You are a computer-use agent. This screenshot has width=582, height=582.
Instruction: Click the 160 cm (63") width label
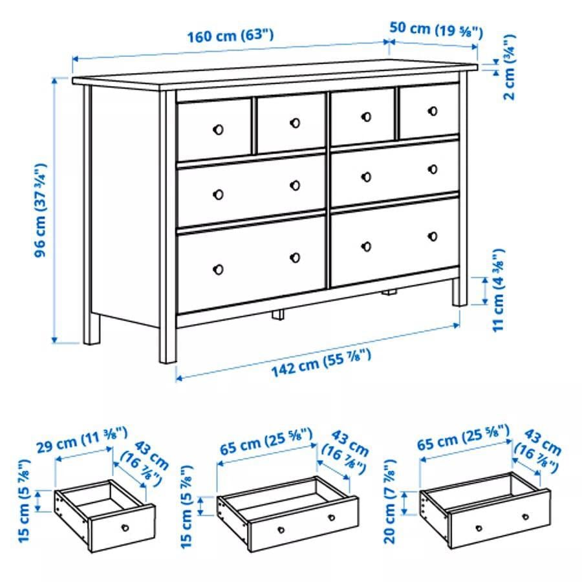click(x=230, y=36)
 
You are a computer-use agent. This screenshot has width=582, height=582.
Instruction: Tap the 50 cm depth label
click(x=436, y=29)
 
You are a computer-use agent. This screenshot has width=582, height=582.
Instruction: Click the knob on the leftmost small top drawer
click(x=218, y=129)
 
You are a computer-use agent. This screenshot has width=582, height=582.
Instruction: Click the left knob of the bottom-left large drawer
click(x=218, y=269)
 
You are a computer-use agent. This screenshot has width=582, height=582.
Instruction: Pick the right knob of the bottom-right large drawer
click(x=433, y=236)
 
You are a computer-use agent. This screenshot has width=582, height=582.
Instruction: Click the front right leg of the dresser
click(x=459, y=291)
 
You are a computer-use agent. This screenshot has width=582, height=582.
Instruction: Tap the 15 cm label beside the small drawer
click(x=25, y=501)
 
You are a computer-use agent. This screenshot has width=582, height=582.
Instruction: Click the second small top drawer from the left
click(x=290, y=124)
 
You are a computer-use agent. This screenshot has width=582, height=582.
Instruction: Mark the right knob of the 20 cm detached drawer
click(x=526, y=516)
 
